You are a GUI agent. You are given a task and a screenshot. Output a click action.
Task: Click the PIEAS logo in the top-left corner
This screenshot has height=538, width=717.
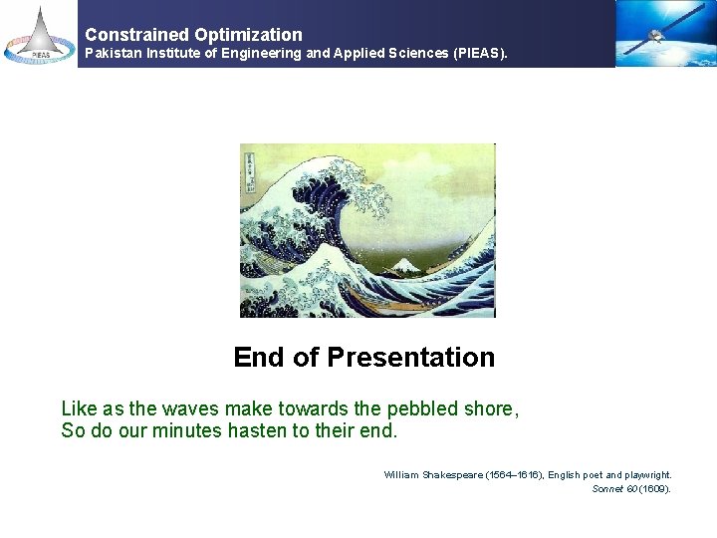click(x=39, y=34)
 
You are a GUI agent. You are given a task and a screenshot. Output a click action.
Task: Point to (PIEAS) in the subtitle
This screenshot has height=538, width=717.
click(x=480, y=53)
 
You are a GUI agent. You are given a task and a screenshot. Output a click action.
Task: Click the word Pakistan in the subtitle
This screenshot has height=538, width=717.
click(x=114, y=53)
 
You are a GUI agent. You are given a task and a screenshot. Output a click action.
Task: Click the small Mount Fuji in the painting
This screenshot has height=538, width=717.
click(x=406, y=266)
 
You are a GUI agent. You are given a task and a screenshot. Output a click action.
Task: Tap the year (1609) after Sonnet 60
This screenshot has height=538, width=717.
click(x=655, y=489)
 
